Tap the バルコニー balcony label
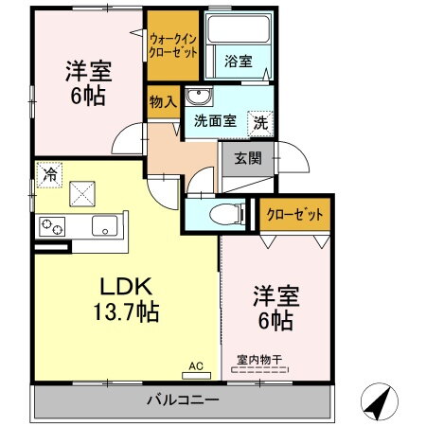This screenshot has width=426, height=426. pyautogui.click(x=183, y=399)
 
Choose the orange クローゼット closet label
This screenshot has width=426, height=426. pyautogui.click(x=294, y=216)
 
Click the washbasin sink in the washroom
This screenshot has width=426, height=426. pyautogui.click(x=198, y=97)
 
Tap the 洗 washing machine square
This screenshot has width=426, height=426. pyautogui.click(x=259, y=121)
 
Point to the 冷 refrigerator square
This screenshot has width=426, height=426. pyautogui.click(x=48, y=173)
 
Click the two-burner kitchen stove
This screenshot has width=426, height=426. pyautogui.click(x=51, y=226)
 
